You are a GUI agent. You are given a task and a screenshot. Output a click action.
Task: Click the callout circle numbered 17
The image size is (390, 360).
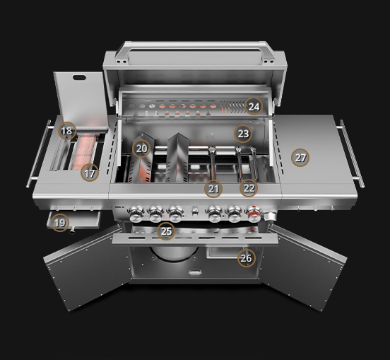coord(90,173)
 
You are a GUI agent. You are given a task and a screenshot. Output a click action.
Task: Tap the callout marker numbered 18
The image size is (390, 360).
coord(67,131)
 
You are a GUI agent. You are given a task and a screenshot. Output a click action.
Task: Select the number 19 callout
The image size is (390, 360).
coord(60,223)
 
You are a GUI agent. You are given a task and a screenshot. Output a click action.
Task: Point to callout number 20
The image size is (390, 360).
coord(141,149)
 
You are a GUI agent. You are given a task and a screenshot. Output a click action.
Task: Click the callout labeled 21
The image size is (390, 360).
coord(213,189)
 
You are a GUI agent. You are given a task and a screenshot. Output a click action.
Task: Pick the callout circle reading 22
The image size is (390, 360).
coord(249,188)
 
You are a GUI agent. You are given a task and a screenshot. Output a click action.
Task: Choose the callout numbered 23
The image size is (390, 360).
coord(243,134)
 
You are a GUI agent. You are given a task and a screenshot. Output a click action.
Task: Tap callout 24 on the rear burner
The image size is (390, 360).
coord(254,106)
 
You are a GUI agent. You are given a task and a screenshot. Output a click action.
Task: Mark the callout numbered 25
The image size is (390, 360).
coord(166,231)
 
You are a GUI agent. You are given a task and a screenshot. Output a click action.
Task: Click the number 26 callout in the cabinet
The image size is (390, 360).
coord(247,258)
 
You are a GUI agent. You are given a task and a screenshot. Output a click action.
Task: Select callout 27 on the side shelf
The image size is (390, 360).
coord(300,158)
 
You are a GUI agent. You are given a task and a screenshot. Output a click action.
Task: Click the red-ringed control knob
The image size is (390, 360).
coord(254,214)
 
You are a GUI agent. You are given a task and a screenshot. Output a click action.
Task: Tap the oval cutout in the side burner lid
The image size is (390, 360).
coord(79,77)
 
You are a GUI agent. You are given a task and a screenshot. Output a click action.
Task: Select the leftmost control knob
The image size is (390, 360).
coord(136,214)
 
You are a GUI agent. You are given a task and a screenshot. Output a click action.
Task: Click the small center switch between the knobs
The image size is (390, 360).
coord(195,211)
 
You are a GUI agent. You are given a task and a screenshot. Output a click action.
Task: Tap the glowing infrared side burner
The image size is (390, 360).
coord(84,151)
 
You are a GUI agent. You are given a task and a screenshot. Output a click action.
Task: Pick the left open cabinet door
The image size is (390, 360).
coord(87,267)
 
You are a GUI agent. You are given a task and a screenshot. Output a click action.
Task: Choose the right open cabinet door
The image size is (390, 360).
coord(303,267)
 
